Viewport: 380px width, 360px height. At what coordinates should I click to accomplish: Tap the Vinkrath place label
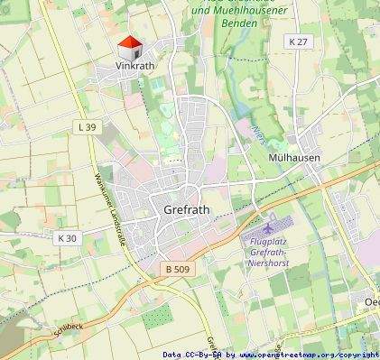click(x=136, y=66)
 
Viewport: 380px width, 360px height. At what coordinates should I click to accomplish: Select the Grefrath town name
click(x=188, y=209)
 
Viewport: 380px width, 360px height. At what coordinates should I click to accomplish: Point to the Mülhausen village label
click(x=294, y=157)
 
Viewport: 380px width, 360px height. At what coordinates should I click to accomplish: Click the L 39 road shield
click(x=87, y=127)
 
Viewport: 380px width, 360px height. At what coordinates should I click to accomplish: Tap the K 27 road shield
click(x=298, y=42)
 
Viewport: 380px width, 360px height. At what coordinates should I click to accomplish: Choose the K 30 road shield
click(x=67, y=238)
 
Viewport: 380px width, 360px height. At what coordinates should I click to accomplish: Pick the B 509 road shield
click(x=179, y=269)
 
